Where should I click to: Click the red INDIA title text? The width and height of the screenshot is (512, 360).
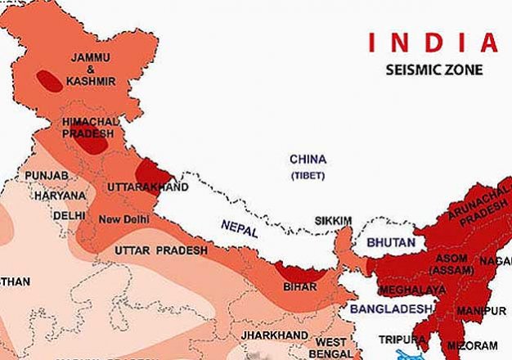[x=432, y=41]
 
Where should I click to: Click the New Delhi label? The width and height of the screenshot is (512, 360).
[x=123, y=219]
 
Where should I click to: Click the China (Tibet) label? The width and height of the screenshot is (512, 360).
[x=308, y=165]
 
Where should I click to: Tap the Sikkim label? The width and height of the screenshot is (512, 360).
[x=335, y=221]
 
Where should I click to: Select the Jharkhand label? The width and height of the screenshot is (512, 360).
[x=267, y=335]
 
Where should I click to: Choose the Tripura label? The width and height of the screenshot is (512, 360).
[x=402, y=339]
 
